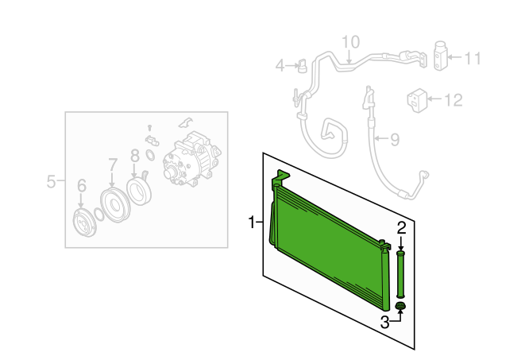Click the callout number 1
pyautogui.click(x=252, y=222)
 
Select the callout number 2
pyautogui.click(x=401, y=228)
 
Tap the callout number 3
pyautogui.click(x=385, y=323)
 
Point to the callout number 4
pyautogui.click(x=280, y=66)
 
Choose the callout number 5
pyautogui.click(x=51, y=181)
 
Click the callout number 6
pyautogui.click(x=82, y=186)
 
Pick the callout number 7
pyautogui.click(x=113, y=165)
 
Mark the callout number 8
pyautogui.click(x=134, y=156)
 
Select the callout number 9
pyautogui.click(x=395, y=139)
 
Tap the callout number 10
pyautogui.click(x=350, y=42)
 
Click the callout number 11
pyautogui.click(x=473, y=58)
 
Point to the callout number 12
pyautogui.click(x=454, y=100)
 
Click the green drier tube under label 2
pyautogui.click(x=401, y=274)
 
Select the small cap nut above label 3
pyautogui.click(x=400, y=306)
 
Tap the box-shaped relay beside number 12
pyautogui.click(x=418, y=100)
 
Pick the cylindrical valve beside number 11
pyautogui.click(x=441, y=56)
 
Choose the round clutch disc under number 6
pyautogui.click(x=84, y=223)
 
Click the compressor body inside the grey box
pyautogui.click(x=192, y=159)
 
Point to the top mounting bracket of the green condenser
pyautogui.click(x=280, y=177)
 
